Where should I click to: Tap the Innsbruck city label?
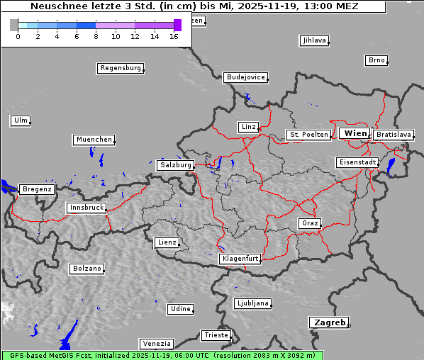click(87, 208)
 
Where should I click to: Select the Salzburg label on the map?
click(175, 165)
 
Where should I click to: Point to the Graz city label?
click(309, 224)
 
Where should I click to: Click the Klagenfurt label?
click(240, 259)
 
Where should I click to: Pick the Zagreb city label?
click(328, 322)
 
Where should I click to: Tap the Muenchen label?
click(94, 140)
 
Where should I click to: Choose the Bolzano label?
click(87, 269)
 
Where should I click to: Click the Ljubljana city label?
click(252, 303)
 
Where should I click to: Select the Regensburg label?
click(120, 69)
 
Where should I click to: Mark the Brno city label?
click(376, 60)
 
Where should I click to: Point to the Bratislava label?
click(394, 135)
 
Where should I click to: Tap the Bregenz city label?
click(37, 190)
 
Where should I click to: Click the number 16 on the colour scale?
click(174, 36)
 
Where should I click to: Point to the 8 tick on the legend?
click(95, 36)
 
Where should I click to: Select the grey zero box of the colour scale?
click(14, 25)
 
